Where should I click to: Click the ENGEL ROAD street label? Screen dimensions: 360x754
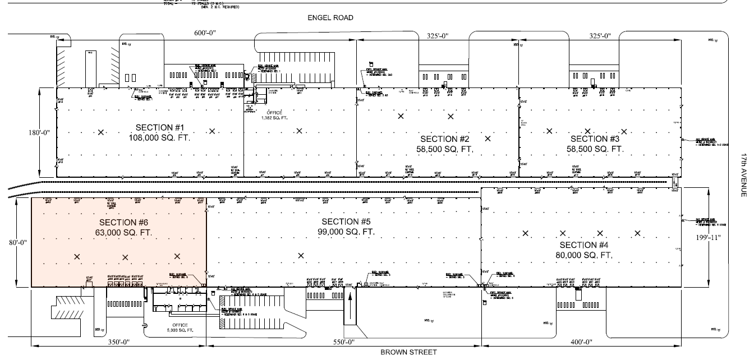tap(330, 18)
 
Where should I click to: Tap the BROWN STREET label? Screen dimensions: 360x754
tap(408, 352)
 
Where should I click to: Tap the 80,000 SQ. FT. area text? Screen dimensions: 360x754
tap(586, 255)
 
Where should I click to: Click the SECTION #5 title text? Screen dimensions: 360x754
tap(344, 221)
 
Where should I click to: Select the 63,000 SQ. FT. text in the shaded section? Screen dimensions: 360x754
tap(124, 232)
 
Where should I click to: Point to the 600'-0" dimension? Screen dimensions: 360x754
tap(205, 34)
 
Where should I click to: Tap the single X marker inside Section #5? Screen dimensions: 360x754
tap(301, 256)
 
